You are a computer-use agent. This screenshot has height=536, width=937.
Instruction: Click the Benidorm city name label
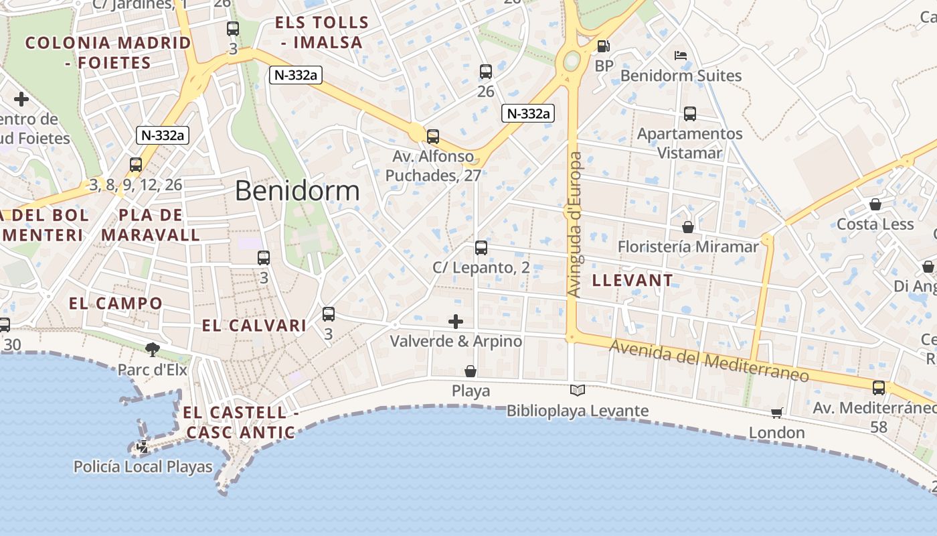pyautogui.click(x=297, y=192)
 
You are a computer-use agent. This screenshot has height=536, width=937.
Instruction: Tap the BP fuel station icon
pyautogui.click(x=603, y=46)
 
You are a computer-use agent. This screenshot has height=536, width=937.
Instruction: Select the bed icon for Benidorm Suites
pyautogui.click(x=681, y=56)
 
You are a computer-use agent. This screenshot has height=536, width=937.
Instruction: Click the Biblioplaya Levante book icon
pyautogui.click(x=577, y=390)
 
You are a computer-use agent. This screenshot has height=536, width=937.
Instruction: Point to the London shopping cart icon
pyautogui.click(x=776, y=413)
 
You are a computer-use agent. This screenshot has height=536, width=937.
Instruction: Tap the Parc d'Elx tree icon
pyautogui.click(x=153, y=348)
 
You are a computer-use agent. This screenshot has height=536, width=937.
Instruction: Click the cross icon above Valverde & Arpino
pyautogui.click(x=456, y=322)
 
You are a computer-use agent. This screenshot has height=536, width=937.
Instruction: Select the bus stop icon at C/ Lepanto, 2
pyautogui.click(x=481, y=248)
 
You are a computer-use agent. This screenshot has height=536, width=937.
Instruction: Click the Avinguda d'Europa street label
pyautogui.click(x=574, y=224)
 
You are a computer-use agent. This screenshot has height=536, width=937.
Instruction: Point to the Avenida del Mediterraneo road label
pyautogui.click(x=709, y=361)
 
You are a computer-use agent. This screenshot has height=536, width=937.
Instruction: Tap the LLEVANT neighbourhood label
pyautogui.click(x=632, y=281)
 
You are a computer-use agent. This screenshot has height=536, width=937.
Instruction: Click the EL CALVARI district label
pyautogui.click(x=254, y=326)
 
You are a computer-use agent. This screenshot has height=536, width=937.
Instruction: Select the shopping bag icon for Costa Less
pyautogui.click(x=875, y=204)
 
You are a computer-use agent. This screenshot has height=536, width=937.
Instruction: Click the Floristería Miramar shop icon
pyautogui.click(x=687, y=227)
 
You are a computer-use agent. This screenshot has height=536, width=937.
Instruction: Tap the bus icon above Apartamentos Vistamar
pyautogui.click(x=689, y=114)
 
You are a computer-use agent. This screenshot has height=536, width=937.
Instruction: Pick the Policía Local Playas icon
pyautogui.click(x=143, y=446)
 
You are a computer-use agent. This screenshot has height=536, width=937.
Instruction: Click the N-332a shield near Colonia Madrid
pyautogui.click(x=163, y=135)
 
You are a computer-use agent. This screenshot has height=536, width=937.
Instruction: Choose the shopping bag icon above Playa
pyautogui.click(x=471, y=371)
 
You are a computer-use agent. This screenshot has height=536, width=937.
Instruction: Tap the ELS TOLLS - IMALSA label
pyautogui.click(x=322, y=32)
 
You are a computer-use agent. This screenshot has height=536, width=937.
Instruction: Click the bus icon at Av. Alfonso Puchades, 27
pyautogui.click(x=433, y=137)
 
